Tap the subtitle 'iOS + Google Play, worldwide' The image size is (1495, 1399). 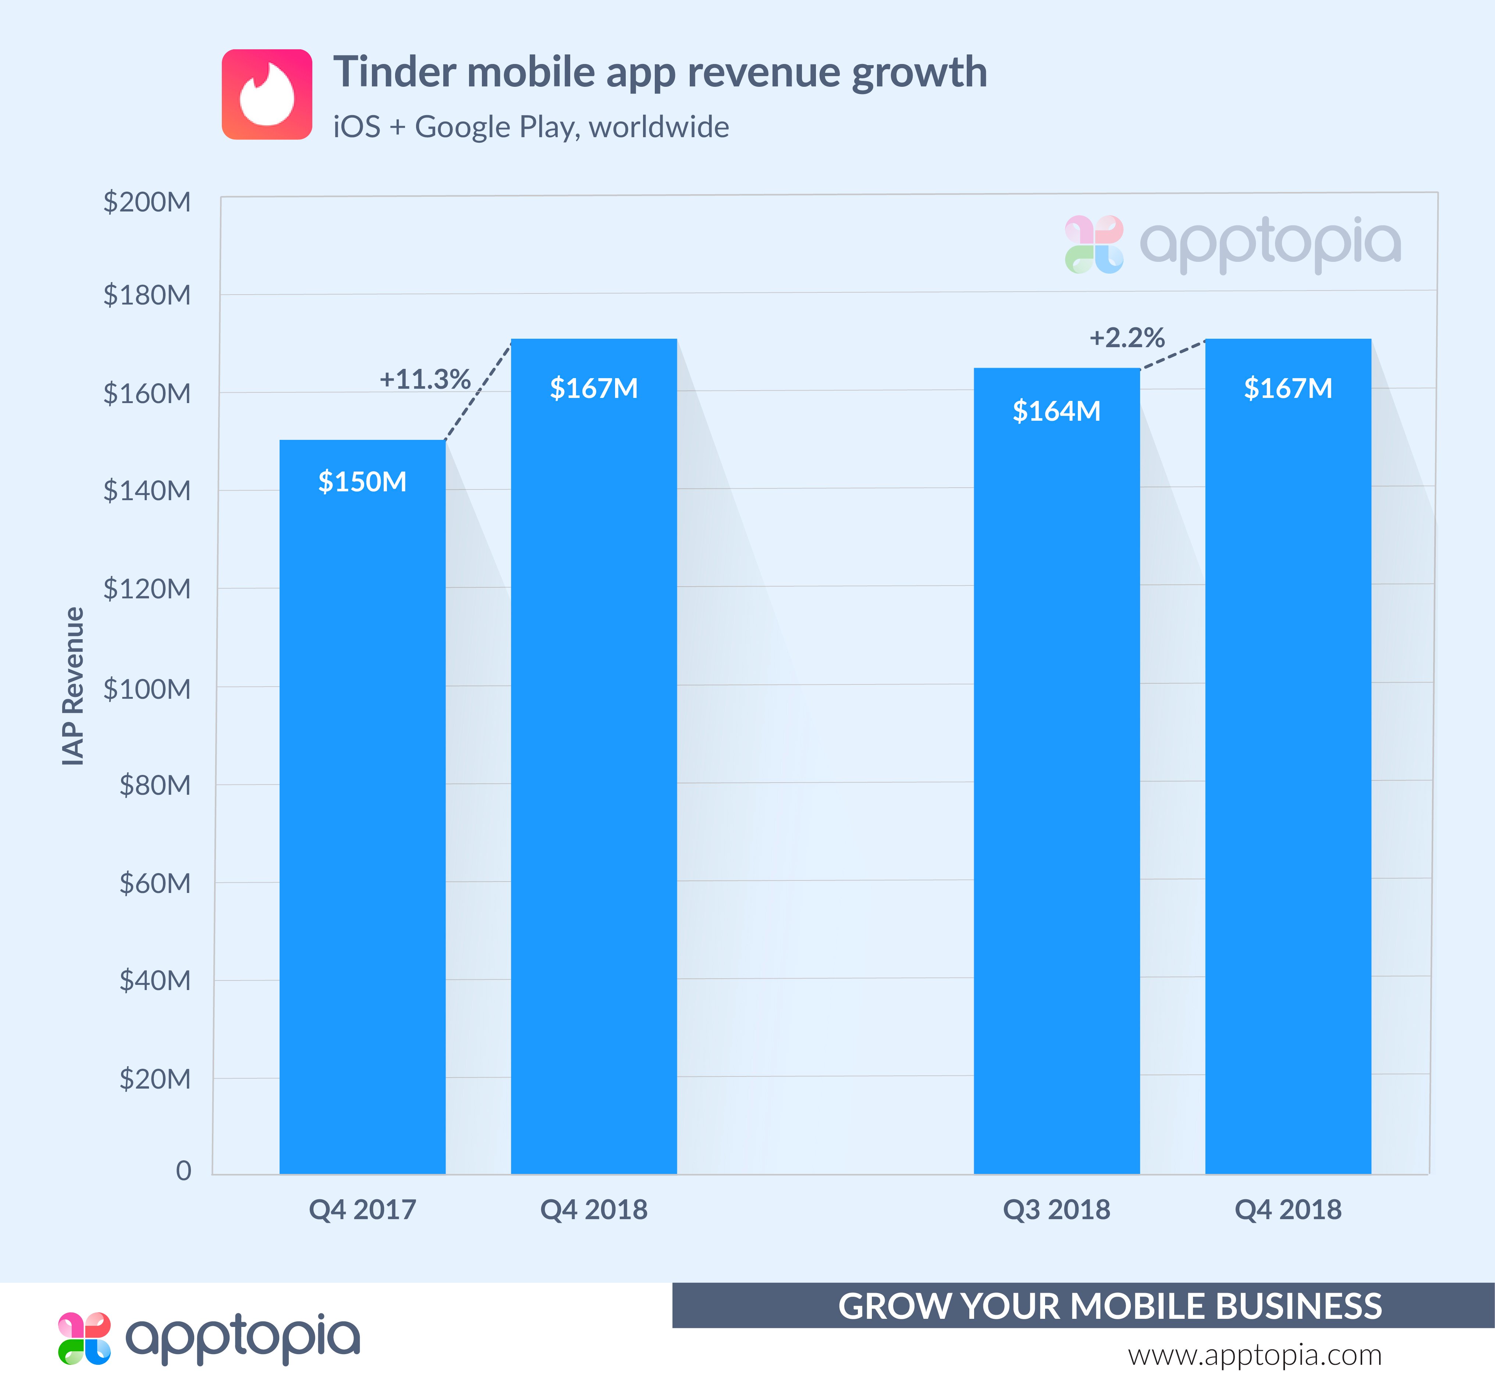pyautogui.click(x=531, y=127)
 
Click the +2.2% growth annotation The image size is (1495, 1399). pyautogui.click(x=1126, y=338)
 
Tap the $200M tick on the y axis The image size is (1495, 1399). pyautogui.click(x=148, y=202)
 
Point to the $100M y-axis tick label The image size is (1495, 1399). pyautogui.click(x=148, y=688)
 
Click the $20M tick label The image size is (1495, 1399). pyautogui.click(x=155, y=1079)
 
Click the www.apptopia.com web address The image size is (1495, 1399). pyautogui.click(x=1254, y=1355)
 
